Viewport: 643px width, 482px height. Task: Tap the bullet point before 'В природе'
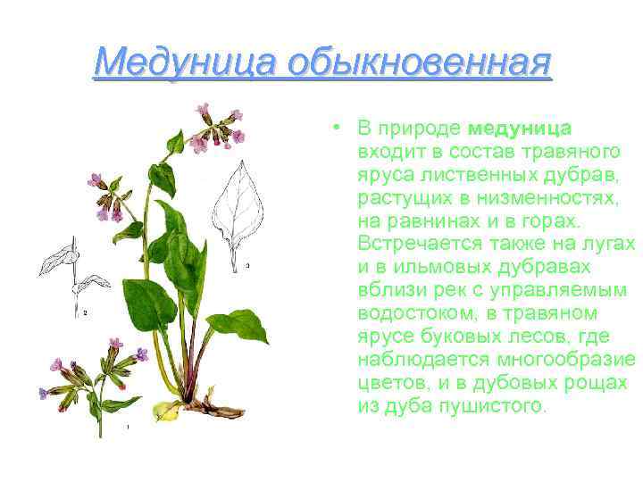click(x=331, y=127)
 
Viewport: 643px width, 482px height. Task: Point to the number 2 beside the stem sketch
click(x=85, y=313)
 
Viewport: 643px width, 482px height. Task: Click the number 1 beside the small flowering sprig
click(x=129, y=428)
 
